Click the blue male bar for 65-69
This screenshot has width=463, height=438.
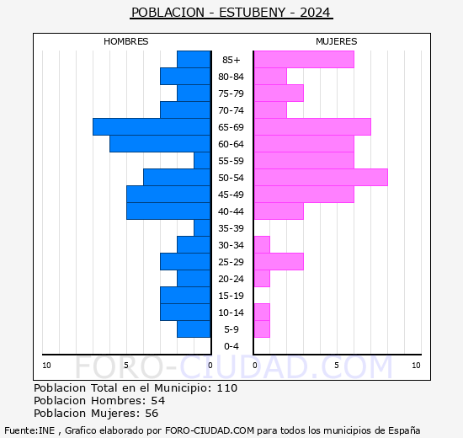pos(152,127)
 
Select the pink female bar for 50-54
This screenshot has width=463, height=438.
pos(321,178)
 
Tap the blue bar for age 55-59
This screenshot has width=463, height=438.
pos(202,161)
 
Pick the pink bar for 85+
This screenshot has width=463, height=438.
pos(304,60)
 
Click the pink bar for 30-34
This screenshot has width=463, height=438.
pos(262,245)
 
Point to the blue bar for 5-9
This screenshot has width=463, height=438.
pos(194,329)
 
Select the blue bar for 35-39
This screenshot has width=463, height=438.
pos(202,228)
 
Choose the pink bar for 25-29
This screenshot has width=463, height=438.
pos(279,262)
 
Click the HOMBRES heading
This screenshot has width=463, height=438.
pos(125,41)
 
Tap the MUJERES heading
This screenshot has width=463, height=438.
pos(337,41)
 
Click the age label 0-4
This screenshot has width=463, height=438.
pos(231,346)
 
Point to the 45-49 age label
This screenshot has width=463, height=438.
pos(231,195)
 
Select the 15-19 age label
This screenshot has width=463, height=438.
pos(231,296)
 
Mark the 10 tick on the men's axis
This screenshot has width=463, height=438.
pos(46,366)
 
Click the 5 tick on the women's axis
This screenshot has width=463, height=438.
pos(337,366)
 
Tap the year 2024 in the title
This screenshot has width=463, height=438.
pos(315,13)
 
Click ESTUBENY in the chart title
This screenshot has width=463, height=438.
pos(253,13)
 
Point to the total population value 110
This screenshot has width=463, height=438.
pos(227,387)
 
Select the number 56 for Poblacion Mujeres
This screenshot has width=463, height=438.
pos(152,414)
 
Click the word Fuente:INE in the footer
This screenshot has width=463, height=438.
pos(29,430)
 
